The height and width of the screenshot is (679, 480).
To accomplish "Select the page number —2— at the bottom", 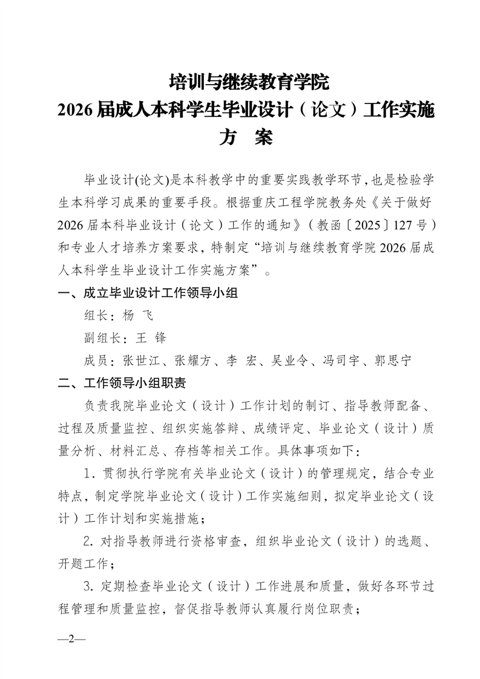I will (x=71, y=640).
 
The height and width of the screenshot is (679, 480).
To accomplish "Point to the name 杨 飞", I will (x=138, y=315).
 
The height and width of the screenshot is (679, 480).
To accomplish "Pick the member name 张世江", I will (x=140, y=361).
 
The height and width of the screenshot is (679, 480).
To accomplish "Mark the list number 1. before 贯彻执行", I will (x=90, y=473).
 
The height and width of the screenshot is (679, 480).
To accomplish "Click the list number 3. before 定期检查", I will (x=90, y=585).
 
